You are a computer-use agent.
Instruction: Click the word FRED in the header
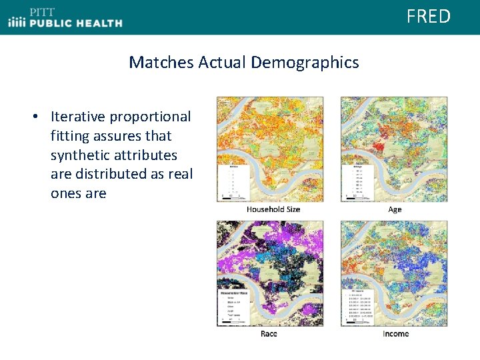[x=429, y=16]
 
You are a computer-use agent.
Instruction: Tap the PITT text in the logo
[x=42, y=11]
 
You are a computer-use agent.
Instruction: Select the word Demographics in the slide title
[x=305, y=63]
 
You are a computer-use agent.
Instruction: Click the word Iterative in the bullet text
[x=78, y=117]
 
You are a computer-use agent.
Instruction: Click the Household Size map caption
[x=273, y=209]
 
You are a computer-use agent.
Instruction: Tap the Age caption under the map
[x=395, y=209]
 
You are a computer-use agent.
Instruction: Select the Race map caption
[x=269, y=333]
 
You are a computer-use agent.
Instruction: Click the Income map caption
[x=395, y=333]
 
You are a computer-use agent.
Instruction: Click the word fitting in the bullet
[x=71, y=136]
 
